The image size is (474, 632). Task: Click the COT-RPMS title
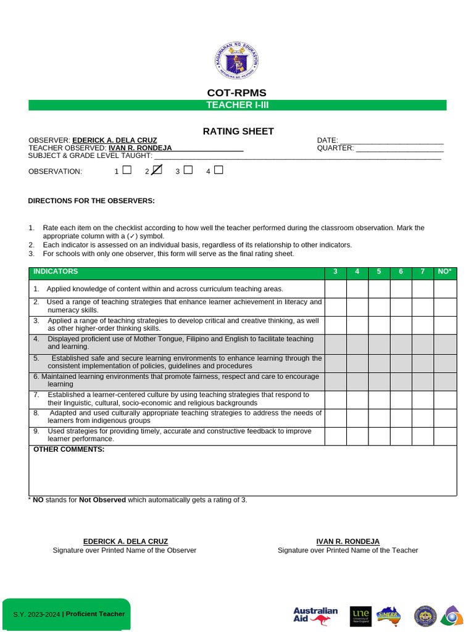[x=237, y=93]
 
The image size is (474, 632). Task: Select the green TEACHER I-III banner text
[x=237, y=105]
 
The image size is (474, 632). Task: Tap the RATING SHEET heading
[x=238, y=131]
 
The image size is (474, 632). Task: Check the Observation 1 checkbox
[x=127, y=170]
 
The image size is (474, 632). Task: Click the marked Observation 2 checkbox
[x=157, y=170]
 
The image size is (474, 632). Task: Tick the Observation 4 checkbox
[x=218, y=170]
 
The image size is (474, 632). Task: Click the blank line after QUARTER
[x=399, y=149]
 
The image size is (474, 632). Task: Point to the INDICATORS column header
[x=56, y=272]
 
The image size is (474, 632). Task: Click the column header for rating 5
[x=379, y=272]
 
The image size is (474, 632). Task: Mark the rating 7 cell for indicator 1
[x=423, y=289]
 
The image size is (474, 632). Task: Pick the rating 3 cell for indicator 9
[x=335, y=436]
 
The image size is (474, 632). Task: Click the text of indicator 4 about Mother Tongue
[x=179, y=343]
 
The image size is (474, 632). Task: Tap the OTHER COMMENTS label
[x=69, y=449]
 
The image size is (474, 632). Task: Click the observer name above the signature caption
[x=125, y=541]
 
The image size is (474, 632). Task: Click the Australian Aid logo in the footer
[x=315, y=615]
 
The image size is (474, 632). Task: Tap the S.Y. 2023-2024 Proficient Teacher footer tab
[x=69, y=614]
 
